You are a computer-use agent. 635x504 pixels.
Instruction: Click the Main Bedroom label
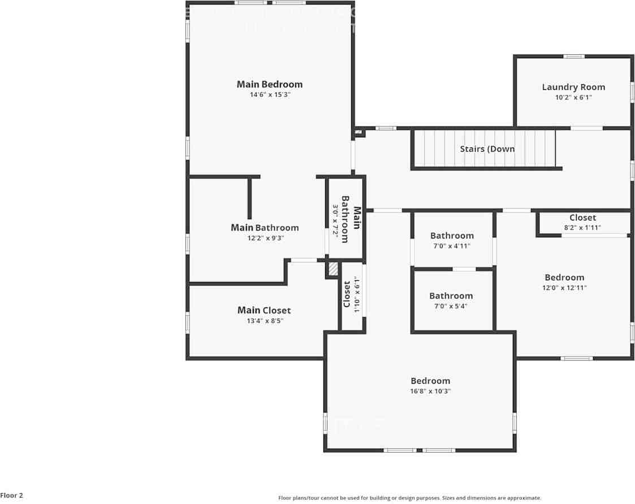click(x=269, y=84)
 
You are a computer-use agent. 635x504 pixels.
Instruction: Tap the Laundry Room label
click(x=573, y=87)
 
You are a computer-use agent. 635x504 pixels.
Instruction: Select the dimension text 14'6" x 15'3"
click(x=270, y=95)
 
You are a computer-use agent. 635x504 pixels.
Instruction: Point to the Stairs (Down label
click(x=487, y=149)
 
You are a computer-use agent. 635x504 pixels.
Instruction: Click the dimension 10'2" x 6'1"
click(x=573, y=97)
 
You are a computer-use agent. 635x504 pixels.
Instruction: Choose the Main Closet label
click(x=264, y=310)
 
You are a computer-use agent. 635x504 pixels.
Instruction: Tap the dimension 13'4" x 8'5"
click(x=264, y=321)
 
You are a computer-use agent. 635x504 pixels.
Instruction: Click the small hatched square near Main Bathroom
click(x=334, y=269)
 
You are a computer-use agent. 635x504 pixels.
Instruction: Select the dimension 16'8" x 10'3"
click(x=430, y=391)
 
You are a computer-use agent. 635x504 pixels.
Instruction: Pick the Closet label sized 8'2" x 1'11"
click(x=582, y=218)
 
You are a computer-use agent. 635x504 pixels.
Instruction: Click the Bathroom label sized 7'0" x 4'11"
click(x=452, y=236)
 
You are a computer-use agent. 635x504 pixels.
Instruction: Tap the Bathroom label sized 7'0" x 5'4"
click(x=451, y=296)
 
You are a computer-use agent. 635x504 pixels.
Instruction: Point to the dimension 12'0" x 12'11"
click(x=564, y=288)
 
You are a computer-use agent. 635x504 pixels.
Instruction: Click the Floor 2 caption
click(x=12, y=496)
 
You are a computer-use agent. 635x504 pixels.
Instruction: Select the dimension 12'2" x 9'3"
click(x=265, y=238)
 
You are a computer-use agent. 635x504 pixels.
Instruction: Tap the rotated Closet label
click(x=347, y=294)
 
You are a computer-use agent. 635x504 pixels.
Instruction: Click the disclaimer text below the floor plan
click(x=409, y=498)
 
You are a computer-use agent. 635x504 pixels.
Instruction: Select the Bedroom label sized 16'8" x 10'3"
click(x=430, y=381)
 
